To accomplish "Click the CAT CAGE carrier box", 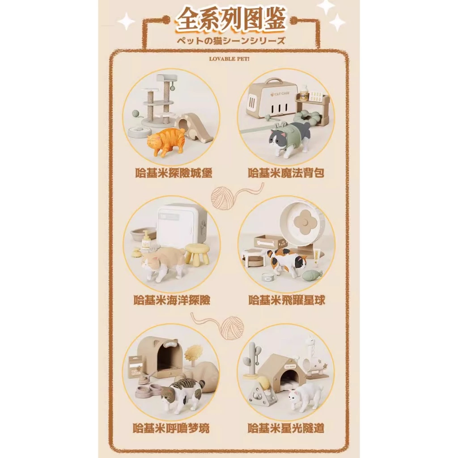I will [272, 98].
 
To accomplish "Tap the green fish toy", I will [312, 275].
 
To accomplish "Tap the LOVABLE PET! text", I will [229, 58].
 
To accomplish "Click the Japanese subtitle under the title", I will [230, 40].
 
